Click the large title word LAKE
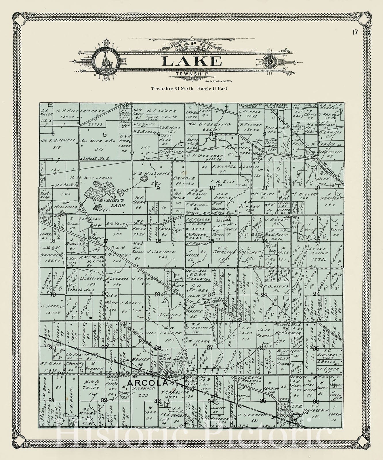[192, 61]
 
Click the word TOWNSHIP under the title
[192, 74]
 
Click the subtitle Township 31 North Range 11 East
[189, 88]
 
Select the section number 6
[53, 133]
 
